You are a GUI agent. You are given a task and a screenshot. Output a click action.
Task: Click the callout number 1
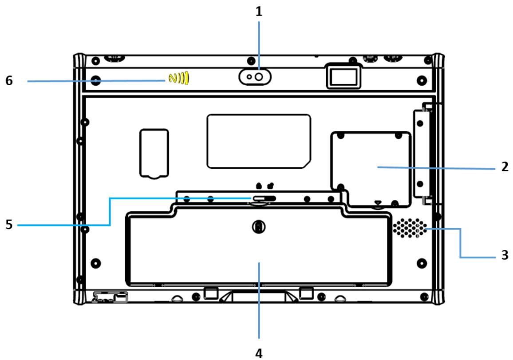(x=259, y=12)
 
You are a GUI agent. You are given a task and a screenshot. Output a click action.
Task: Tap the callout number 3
(x=504, y=257)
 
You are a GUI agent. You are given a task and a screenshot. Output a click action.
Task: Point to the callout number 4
(x=259, y=353)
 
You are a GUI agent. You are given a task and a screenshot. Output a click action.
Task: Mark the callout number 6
(x=9, y=81)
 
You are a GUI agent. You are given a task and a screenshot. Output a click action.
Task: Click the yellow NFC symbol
(x=178, y=79)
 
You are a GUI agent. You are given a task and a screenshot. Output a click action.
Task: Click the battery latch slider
(x=265, y=198)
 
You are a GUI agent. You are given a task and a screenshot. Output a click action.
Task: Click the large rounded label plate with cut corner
(x=259, y=141)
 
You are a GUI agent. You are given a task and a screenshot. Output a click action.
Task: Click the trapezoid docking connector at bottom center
(x=259, y=296)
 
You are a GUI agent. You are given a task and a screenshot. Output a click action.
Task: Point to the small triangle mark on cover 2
(x=378, y=203)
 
